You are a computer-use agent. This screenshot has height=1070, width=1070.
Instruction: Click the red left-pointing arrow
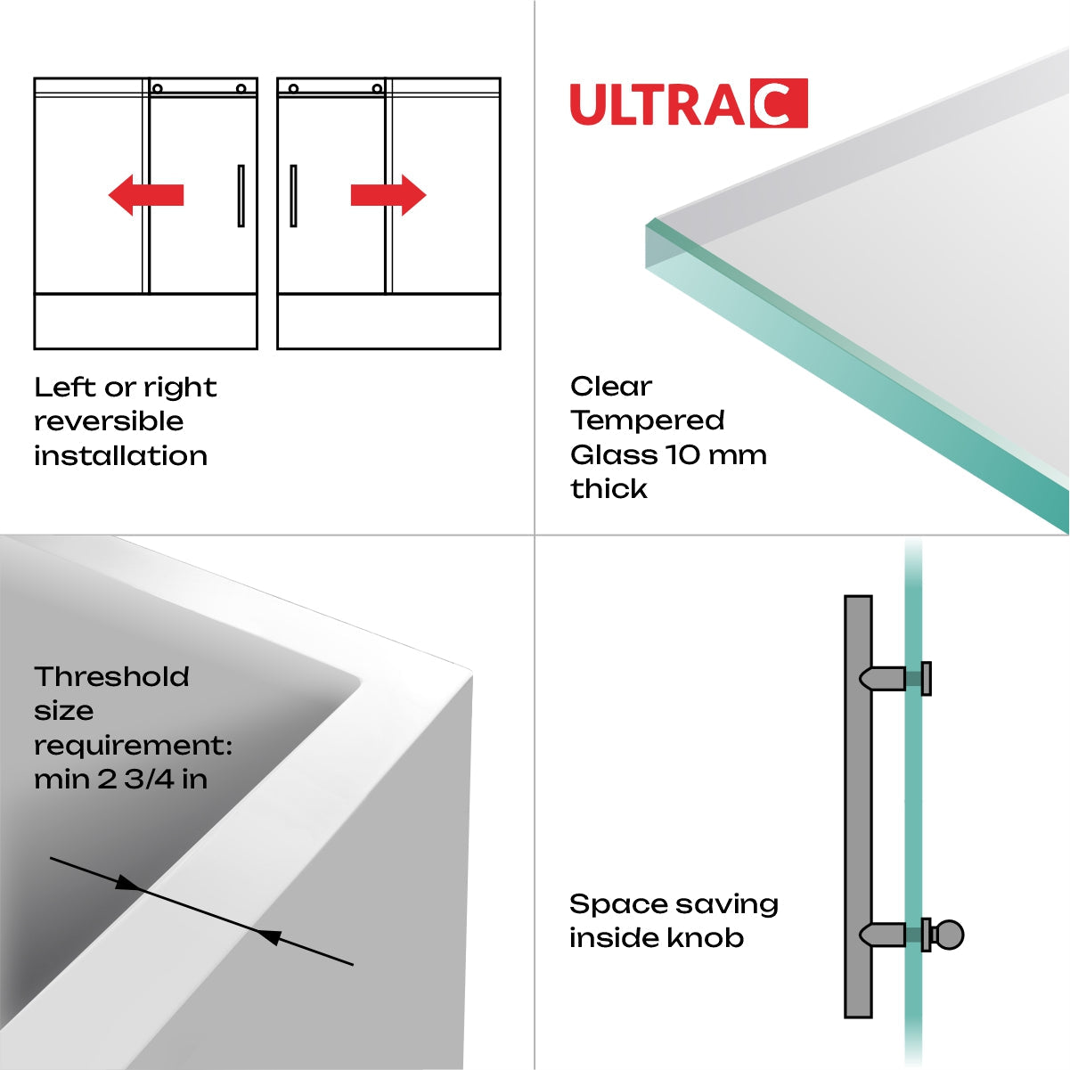[x=145, y=195]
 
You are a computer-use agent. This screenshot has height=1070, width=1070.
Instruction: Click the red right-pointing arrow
[x=388, y=195]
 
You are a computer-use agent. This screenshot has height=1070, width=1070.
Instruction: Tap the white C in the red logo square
[x=778, y=104]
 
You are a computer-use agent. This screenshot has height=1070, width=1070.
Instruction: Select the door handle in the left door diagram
[x=241, y=196]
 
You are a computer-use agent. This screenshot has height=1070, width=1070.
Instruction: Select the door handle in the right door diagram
[x=293, y=196]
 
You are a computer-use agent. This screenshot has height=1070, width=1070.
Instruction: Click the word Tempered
[x=648, y=421]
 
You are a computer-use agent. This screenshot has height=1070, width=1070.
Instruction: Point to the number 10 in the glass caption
[x=685, y=455]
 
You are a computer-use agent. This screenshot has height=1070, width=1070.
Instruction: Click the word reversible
[x=109, y=421]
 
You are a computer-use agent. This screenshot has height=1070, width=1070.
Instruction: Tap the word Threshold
[x=111, y=677]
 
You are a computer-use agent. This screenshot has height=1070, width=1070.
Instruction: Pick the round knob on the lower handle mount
[x=951, y=935]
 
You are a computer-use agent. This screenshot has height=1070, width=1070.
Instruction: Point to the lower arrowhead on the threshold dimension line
[x=269, y=936]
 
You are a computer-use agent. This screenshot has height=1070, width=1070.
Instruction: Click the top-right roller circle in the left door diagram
[x=241, y=88]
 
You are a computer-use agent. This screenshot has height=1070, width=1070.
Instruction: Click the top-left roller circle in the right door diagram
[x=293, y=88]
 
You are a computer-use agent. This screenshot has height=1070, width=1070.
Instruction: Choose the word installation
[x=120, y=456]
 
